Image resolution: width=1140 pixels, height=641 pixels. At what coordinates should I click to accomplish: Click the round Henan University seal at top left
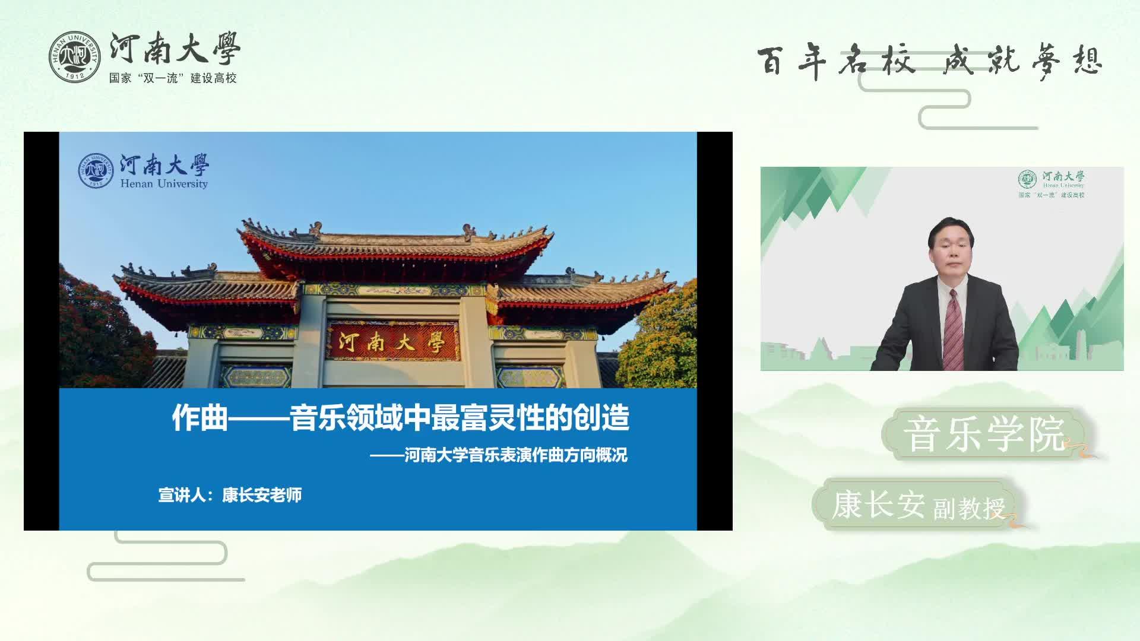coord(75,56)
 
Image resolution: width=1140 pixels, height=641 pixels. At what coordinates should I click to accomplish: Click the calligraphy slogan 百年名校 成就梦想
coord(929,61)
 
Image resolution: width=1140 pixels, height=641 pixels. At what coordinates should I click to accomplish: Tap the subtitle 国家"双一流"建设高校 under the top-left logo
coord(173,78)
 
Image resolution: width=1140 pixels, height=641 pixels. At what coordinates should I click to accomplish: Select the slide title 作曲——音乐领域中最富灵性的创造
coord(400,417)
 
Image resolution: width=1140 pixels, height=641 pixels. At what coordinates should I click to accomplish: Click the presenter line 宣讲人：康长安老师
coord(230,495)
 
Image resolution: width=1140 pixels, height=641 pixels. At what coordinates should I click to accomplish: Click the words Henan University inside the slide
coord(164,184)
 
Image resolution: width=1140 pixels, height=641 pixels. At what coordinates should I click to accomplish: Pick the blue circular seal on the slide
coord(96,171)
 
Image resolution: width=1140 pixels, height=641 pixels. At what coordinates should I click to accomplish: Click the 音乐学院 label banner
coord(985,435)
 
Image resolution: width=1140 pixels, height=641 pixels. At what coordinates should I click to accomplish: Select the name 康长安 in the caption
coord(878,504)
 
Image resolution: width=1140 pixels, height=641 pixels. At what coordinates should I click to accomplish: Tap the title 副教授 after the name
coord(969,508)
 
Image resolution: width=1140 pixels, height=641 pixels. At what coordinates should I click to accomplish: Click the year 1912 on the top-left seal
coord(75,76)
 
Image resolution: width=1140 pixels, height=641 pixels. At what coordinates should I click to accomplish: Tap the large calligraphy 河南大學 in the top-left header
coord(175,49)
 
